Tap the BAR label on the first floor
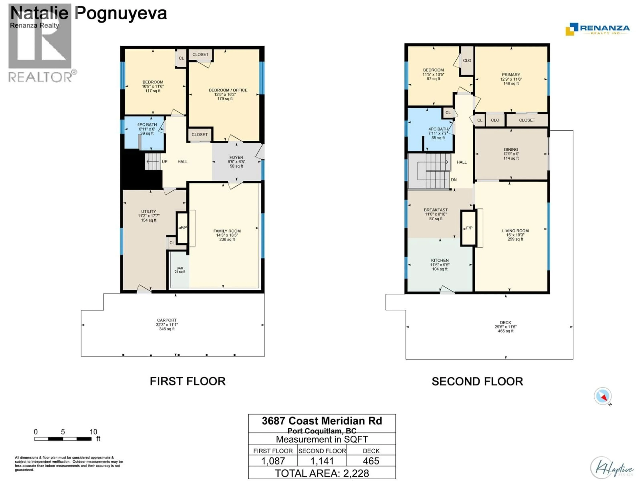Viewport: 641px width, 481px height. pos(180,268)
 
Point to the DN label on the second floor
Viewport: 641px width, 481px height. pos(454,180)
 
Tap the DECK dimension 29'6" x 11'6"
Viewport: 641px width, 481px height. pos(505,327)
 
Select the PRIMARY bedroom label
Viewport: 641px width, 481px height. pos(511,74)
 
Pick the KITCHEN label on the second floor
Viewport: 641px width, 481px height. pos(440,260)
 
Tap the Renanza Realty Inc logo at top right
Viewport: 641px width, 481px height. pos(598,29)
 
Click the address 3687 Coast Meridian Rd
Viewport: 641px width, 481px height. pos(322,421)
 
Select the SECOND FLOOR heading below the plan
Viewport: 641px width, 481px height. pos(477,381)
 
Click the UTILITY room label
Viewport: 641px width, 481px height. pos(148,211)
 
